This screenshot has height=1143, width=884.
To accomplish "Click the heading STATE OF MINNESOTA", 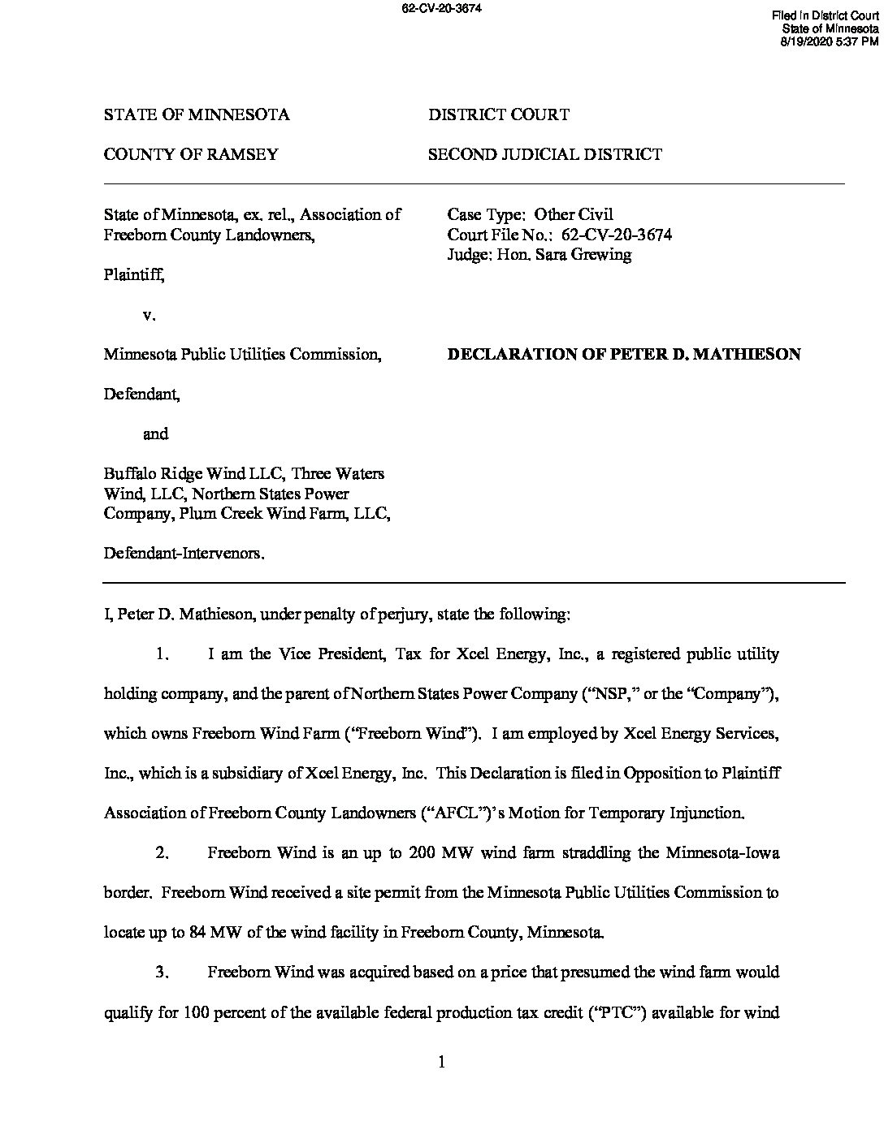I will point(196,114).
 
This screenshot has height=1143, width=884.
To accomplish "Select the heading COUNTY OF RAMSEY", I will point(190,154).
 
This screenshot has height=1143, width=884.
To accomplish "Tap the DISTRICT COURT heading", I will point(498,114).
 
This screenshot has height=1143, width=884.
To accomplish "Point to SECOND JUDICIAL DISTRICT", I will point(544,154).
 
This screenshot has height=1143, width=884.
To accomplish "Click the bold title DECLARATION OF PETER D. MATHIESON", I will point(624,354).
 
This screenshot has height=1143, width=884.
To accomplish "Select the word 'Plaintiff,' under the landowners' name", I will point(134,274).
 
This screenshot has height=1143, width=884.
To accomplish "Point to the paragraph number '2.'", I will point(162,853).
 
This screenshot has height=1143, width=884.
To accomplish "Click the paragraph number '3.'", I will point(162,973).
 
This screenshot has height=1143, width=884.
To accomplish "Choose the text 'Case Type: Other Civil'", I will point(530,215).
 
